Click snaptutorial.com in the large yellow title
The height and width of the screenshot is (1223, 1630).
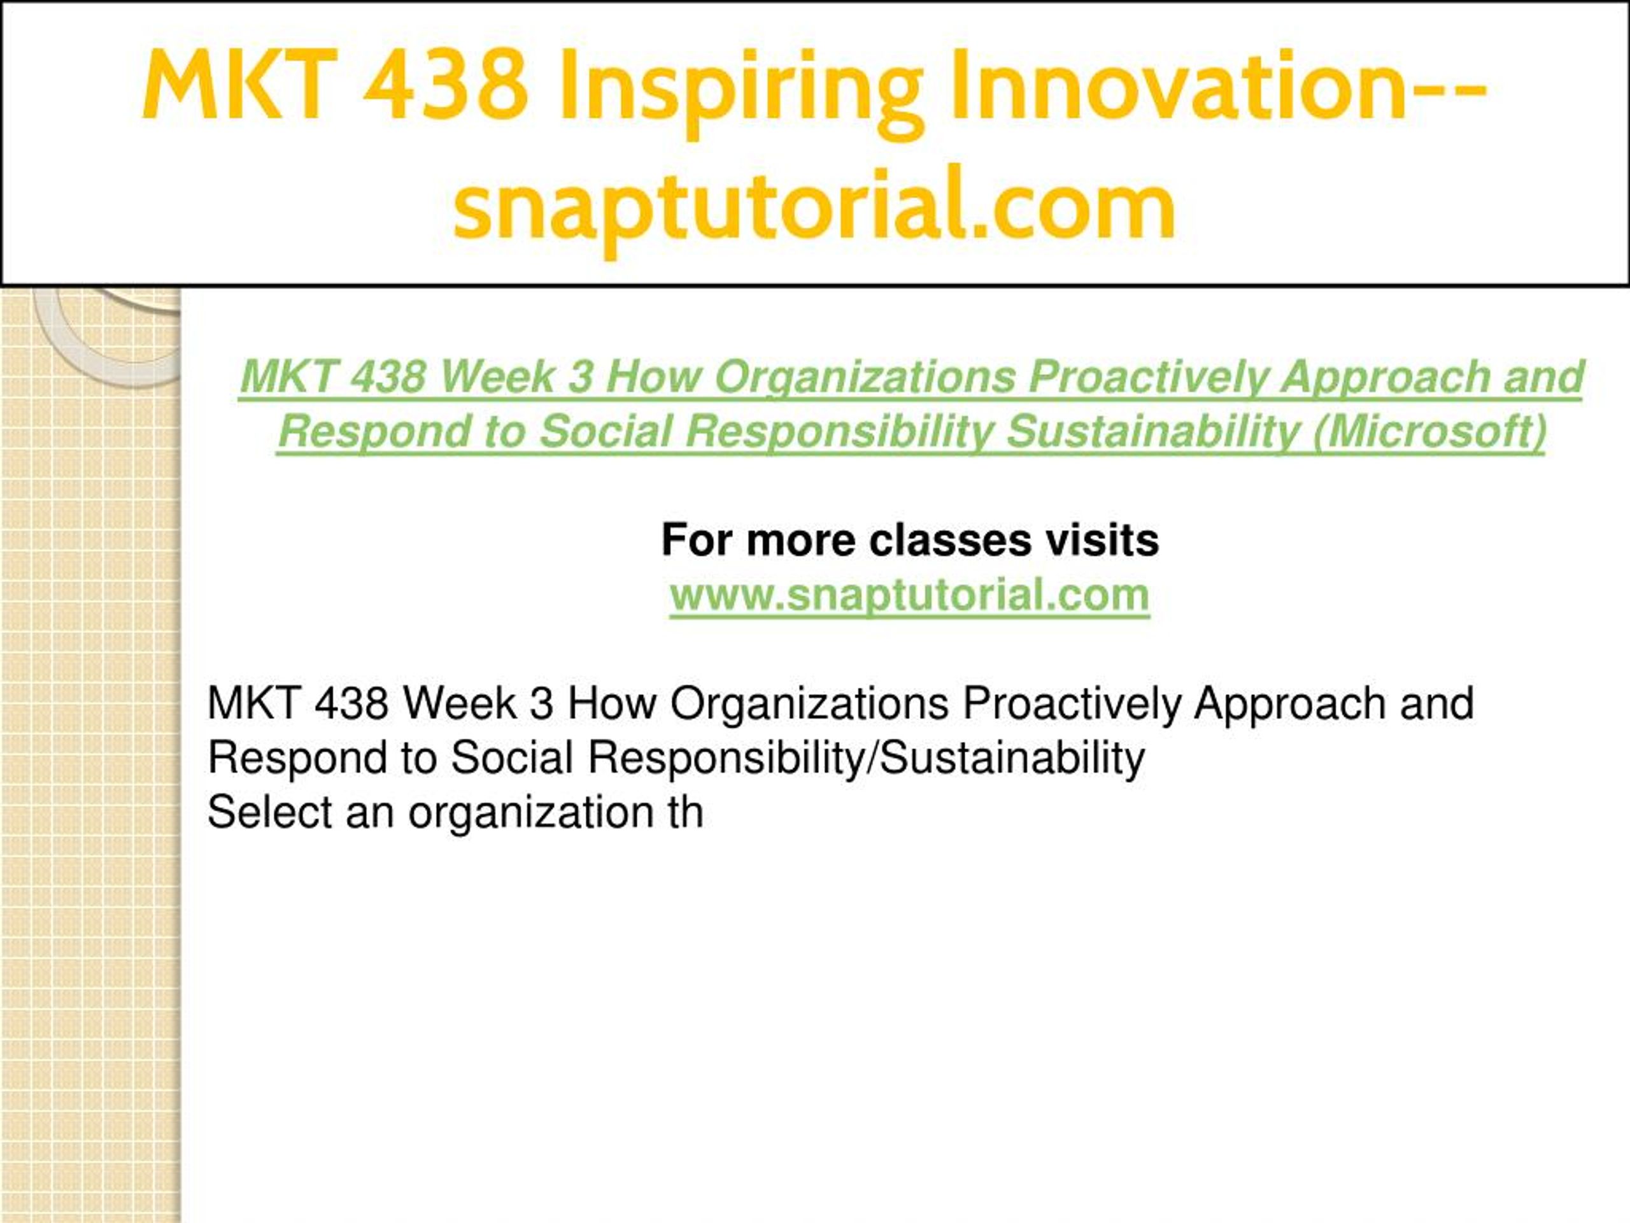[x=814, y=207]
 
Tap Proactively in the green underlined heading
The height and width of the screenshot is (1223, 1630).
[x=1147, y=378]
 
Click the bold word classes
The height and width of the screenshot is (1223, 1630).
[x=950, y=540]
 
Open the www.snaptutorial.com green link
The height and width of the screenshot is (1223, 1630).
[x=910, y=595]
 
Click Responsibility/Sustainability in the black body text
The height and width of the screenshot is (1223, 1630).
[x=866, y=759]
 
